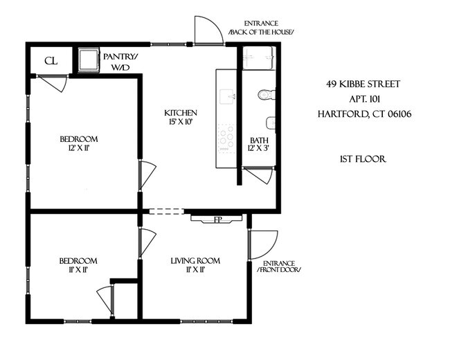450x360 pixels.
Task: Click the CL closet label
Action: [51, 61]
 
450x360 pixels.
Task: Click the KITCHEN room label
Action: [180, 113]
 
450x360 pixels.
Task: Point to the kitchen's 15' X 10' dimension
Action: [180, 123]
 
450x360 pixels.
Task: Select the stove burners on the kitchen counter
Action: [226, 137]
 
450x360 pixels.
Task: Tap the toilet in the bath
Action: [264, 95]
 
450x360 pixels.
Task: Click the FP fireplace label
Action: [217, 220]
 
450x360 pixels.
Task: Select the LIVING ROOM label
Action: [195, 261]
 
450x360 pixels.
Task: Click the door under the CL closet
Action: [53, 83]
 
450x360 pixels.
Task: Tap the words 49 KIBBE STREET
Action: [363, 84]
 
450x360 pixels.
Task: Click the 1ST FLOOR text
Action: [362, 159]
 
